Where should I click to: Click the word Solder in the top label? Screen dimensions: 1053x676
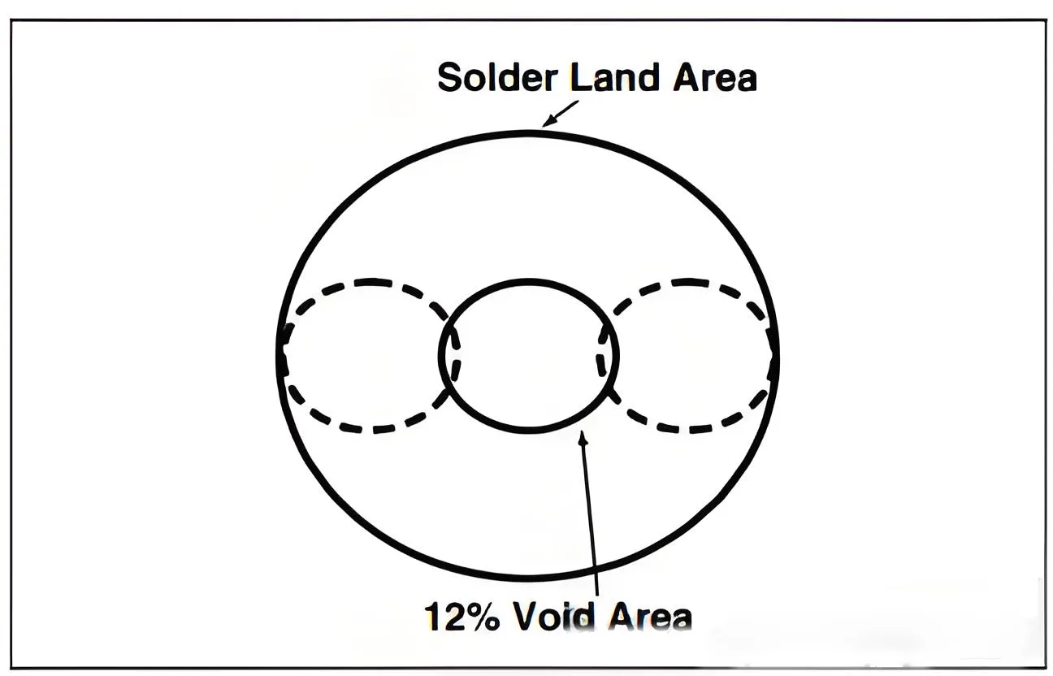(497, 77)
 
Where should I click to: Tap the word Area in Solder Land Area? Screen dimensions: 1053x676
(715, 78)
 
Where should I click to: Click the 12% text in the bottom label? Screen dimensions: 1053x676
(462, 617)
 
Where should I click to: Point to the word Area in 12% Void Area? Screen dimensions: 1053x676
(650, 617)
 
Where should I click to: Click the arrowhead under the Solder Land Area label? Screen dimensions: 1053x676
(548, 122)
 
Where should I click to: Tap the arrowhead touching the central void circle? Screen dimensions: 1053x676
(583, 438)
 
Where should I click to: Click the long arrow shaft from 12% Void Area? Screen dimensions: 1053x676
(590, 513)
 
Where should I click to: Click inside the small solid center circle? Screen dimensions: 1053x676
(529, 356)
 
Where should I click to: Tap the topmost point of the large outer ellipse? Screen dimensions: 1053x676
(528, 133)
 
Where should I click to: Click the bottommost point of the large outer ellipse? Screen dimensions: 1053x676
(528, 578)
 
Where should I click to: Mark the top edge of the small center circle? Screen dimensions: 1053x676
(529, 282)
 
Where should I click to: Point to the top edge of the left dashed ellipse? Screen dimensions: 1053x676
(371, 282)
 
